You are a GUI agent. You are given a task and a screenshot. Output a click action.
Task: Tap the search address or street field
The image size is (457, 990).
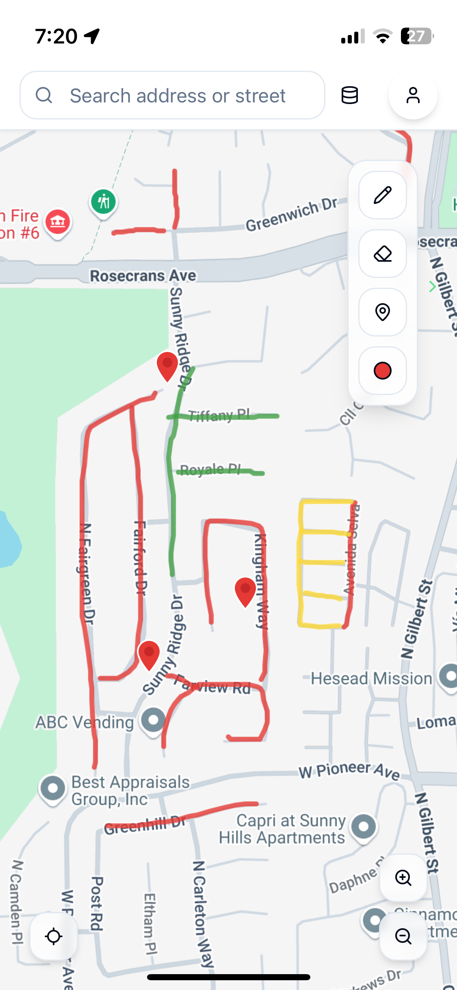pyautogui.click(x=177, y=96)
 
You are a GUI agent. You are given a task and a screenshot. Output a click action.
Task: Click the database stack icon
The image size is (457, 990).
pyautogui.click(x=349, y=96)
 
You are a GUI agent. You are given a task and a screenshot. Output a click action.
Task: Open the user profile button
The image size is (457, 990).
pyautogui.click(x=413, y=96)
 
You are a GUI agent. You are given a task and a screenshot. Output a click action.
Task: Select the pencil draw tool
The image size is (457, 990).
pyautogui.click(x=382, y=195)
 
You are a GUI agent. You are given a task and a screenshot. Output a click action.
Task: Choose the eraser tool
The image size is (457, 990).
pyautogui.click(x=382, y=254)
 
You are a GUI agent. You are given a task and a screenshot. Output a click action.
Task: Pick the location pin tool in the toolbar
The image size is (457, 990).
pyautogui.click(x=382, y=312)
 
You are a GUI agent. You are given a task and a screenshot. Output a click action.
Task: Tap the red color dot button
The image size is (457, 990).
pyautogui.click(x=382, y=371)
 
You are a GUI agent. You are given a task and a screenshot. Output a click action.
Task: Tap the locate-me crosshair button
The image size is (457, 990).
pyautogui.click(x=54, y=936)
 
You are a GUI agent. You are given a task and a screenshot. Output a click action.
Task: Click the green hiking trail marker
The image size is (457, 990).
pyautogui.click(x=104, y=202)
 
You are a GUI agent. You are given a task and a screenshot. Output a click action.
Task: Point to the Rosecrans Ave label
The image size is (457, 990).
pyautogui.click(x=143, y=276)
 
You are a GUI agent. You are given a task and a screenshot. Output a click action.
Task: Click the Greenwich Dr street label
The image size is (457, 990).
pyautogui.click(x=291, y=215)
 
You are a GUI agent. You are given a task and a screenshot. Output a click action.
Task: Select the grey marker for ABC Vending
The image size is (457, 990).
pyautogui.click(x=153, y=720)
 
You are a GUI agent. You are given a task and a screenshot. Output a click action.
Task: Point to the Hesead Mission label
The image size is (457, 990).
pyautogui.click(x=371, y=678)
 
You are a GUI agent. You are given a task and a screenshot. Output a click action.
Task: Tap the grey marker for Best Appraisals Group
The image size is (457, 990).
pyautogui.click(x=52, y=788)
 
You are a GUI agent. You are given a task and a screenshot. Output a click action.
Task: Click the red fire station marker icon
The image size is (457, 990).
pyautogui.click(x=58, y=222)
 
